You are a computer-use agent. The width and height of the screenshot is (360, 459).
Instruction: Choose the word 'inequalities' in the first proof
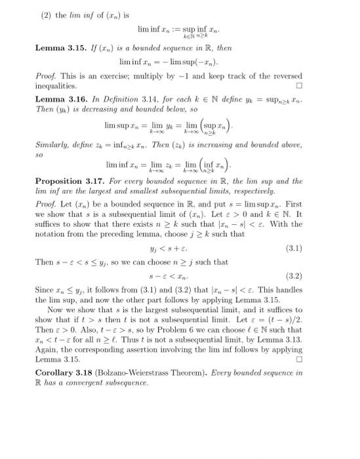click(x=56, y=86)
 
